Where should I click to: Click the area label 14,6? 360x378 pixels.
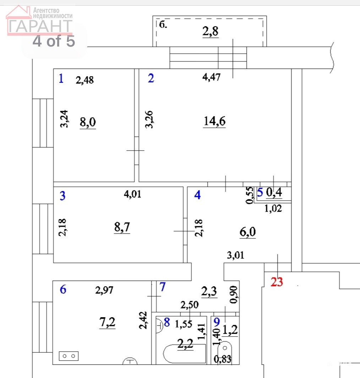pyautogui.click(x=214, y=121)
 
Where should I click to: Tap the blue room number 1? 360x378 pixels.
pyautogui.click(x=61, y=79)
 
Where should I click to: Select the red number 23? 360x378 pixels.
pyautogui.click(x=277, y=282)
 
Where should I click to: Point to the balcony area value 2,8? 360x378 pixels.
pyautogui.click(x=211, y=31)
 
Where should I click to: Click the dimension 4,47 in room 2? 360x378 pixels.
pyautogui.click(x=211, y=77)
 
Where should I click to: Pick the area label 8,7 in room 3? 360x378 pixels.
pyautogui.click(x=122, y=227)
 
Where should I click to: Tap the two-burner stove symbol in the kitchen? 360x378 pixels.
pyautogui.click(x=69, y=356)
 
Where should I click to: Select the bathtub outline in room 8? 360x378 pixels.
pyautogui.click(x=185, y=353)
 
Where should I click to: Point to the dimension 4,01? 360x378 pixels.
pyautogui.click(x=132, y=194)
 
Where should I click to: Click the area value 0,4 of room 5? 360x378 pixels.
pyautogui.click(x=274, y=193)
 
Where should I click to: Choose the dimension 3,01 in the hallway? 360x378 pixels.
pyautogui.click(x=236, y=255)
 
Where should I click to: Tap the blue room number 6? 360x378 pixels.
pyautogui.click(x=63, y=289)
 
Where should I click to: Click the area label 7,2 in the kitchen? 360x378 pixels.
pyautogui.click(x=107, y=322)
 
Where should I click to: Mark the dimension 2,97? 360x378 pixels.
pyautogui.click(x=104, y=290)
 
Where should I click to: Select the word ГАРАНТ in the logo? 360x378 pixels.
pyautogui.click(x=40, y=27)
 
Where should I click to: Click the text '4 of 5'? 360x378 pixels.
pyautogui.click(x=54, y=41)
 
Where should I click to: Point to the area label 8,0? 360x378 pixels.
pyautogui.click(x=88, y=122)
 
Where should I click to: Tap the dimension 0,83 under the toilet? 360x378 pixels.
pyautogui.click(x=222, y=359)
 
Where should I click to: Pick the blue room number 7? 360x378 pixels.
pyautogui.click(x=162, y=287)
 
